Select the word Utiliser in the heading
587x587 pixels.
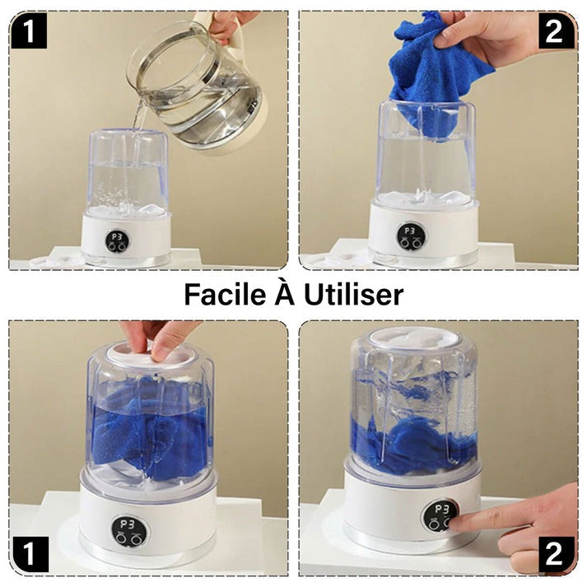click(x=354, y=294)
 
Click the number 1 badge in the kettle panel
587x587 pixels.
click(x=29, y=31)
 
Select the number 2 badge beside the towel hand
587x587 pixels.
click(x=556, y=31)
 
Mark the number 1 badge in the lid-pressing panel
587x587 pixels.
click(x=30, y=554)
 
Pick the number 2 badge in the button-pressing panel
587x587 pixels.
click(x=556, y=555)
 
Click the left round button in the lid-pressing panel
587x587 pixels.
click(x=121, y=538)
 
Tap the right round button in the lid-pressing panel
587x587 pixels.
click(x=134, y=539)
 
